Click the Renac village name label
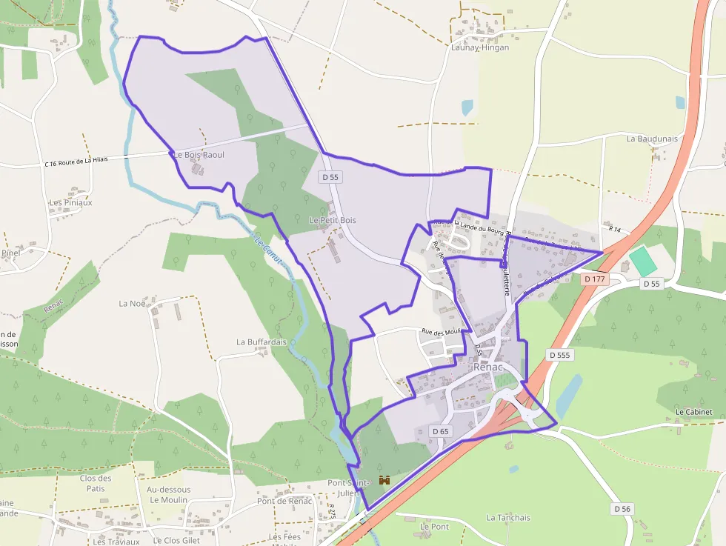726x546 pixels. tap(488, 367)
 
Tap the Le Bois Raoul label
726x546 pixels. tap(199, 155)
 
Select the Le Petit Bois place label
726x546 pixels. tap(333, 221)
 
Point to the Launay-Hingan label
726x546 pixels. tap(480, 47)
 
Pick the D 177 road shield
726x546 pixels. tap(594, 279)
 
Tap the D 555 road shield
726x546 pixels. tap(561, 355)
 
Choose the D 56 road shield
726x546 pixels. tap(622, 509)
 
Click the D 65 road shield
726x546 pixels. tap(440, 431)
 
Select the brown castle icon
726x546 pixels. tap(384, 480)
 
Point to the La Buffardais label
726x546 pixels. tap(262, 342)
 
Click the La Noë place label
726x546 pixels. tap(132, 304)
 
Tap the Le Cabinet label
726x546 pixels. tap(694, 412)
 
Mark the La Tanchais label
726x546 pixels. tap(508, 518)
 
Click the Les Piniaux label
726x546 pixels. tap(70, 202)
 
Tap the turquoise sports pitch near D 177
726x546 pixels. tap(643, 262)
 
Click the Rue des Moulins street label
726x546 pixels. tap(442, 332)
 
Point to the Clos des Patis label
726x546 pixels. tap(96, 483)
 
